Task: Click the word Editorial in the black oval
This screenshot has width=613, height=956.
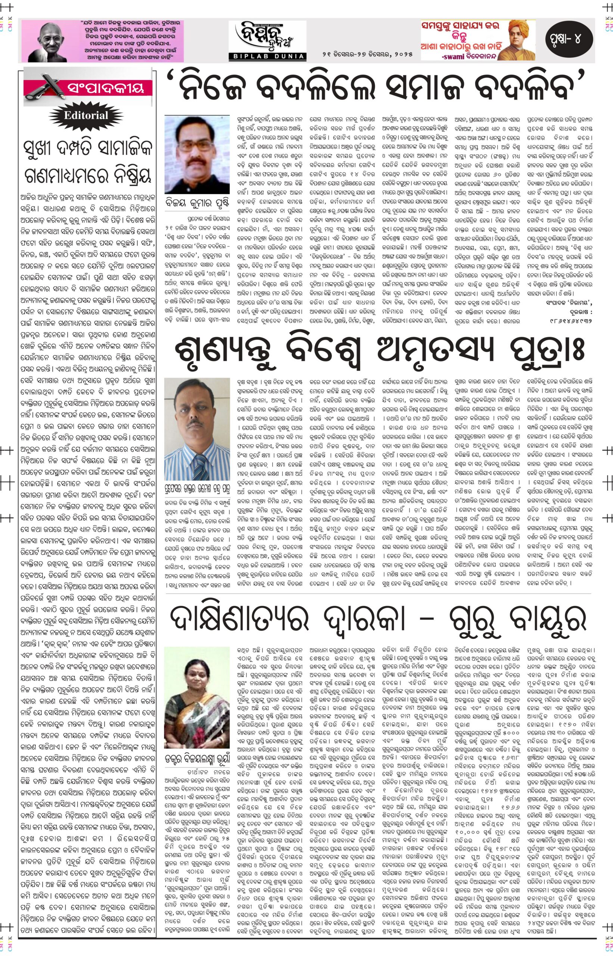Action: click(x=88, y=116)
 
